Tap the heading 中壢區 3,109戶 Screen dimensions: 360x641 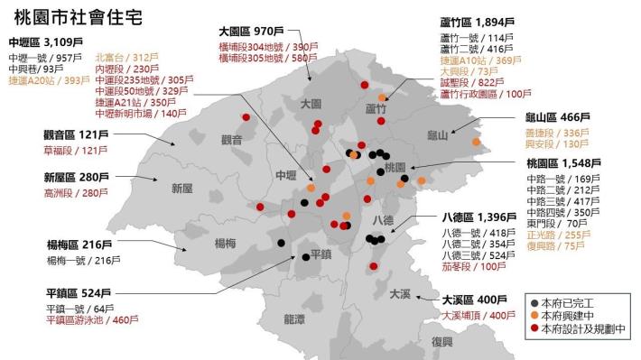(44, 42)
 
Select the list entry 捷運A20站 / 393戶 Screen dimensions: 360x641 (46, 79)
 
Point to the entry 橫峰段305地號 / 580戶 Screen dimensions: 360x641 (268, 58)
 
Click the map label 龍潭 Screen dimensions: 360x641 (293, 318)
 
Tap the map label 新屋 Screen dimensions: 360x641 (181, 188)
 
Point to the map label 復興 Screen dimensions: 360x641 (441, 341)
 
